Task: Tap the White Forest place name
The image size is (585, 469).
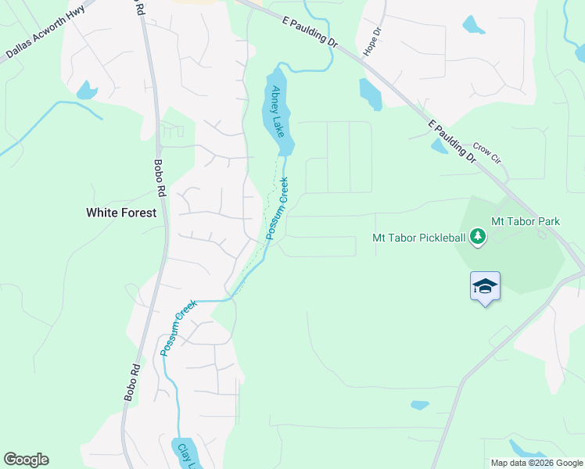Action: pyautogui.click(x=121, y=213)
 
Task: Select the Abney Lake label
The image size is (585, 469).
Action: pyautogui.click(x=275, y=111)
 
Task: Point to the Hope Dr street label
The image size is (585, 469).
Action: pyautogui.click(x=371, y=42)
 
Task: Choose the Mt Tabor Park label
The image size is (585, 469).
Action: pyautogui.click(x=526, y=222)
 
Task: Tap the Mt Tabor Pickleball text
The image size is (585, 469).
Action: pyautogui.click(x=418, y=238)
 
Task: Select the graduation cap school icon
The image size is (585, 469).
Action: pyautogui.click(x=485, y=287)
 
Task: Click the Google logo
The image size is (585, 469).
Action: pyautogui.click(x=26, y=460)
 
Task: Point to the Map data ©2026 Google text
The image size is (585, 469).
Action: pyautogui.click(x=537, y=463)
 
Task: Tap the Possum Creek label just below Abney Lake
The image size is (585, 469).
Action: pyautogui.click(x=277, y=208)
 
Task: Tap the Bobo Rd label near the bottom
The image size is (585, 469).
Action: pyautogui.click(x=132, y=383)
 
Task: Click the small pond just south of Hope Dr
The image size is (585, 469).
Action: pyautogui.click(x=370, y=94)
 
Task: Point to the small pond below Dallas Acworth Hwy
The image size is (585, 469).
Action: pyautogui.click(x=87, y=91)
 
